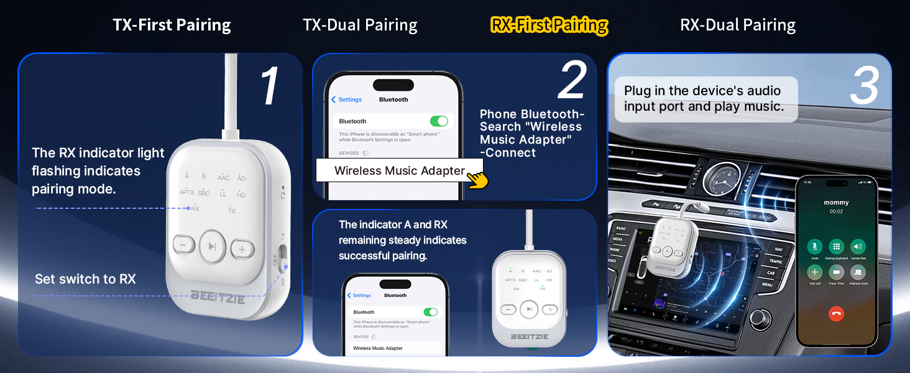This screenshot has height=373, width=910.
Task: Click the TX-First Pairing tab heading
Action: (172, 25)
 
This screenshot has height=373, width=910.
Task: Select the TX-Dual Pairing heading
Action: (360, 25)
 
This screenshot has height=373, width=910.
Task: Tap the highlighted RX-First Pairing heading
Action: (549, 25)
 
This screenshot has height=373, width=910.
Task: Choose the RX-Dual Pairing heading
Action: (738, 25)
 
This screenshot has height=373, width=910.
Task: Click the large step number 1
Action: (269, 86)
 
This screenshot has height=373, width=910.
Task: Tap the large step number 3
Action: (864, 86)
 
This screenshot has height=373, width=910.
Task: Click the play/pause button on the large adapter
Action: (213, 247)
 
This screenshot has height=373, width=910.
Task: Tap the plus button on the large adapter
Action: (242, 249)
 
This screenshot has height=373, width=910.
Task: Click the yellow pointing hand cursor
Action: (477, 178)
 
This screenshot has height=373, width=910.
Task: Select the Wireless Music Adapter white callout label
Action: (400, 170)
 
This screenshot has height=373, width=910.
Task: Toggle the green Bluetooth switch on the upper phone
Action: (438, 121)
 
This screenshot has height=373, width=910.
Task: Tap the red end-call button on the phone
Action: (837, 314)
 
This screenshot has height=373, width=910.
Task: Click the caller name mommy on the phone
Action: (836, 203)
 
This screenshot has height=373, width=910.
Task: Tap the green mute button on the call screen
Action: (814, 246)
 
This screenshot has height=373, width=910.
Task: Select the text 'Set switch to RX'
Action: (85, 279)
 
